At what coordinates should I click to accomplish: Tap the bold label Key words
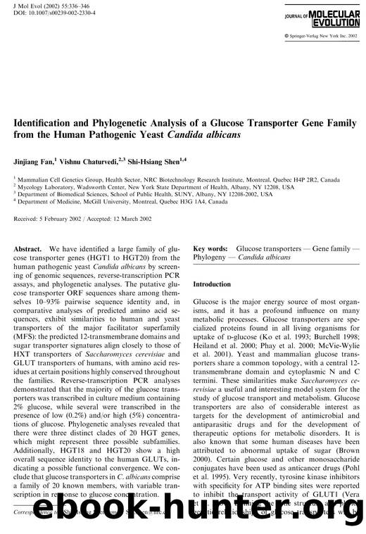click(210, 249)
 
